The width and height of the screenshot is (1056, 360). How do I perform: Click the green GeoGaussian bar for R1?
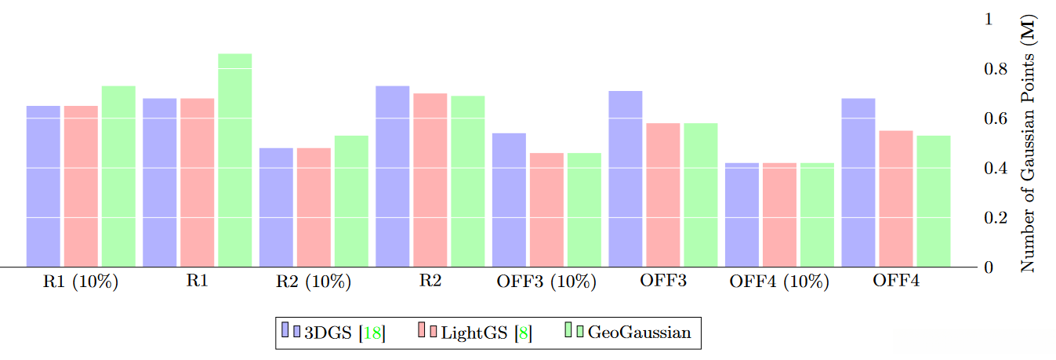coord(234,160)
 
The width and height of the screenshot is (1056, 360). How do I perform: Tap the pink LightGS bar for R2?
coord(430,180)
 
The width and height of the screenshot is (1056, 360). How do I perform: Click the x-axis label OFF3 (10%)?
coord(546,282)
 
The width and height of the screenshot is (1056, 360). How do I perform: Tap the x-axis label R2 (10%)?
coord(313,282)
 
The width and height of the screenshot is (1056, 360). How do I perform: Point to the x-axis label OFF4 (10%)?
coord(779,282)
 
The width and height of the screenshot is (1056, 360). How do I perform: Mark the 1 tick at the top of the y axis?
coord(989,19)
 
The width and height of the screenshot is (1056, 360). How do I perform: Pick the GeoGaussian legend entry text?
coord(639,333)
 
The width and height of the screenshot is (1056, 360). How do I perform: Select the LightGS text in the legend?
coord(474,333)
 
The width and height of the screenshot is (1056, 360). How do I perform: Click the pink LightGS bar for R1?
coord(197,182)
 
